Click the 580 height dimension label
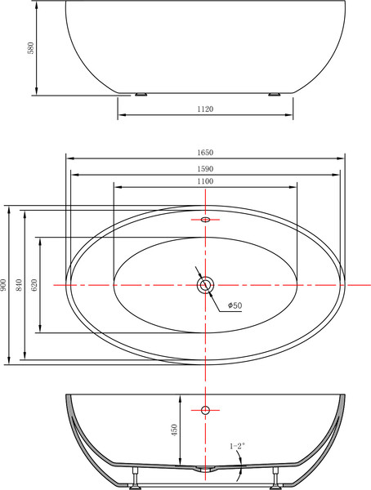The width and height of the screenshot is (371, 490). [x=31, y=47]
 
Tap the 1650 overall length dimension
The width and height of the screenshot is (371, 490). [x=204, y=153]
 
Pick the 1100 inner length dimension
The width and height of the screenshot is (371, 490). [x=204, y=180]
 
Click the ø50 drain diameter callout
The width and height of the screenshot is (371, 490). [x=233, y=305]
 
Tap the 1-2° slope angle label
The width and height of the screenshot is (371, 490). [x=237, y=446]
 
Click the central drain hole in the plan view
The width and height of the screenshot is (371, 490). [x=204, y=284]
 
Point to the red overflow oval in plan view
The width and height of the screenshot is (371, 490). [x=204, y=220]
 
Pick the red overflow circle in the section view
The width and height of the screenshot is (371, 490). [x=204, y=409]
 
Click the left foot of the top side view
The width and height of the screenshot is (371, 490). [x=142, y=93]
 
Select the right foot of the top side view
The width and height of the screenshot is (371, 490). [x=271, y=93]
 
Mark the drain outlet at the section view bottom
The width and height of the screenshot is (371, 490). [x=204, y=470]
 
